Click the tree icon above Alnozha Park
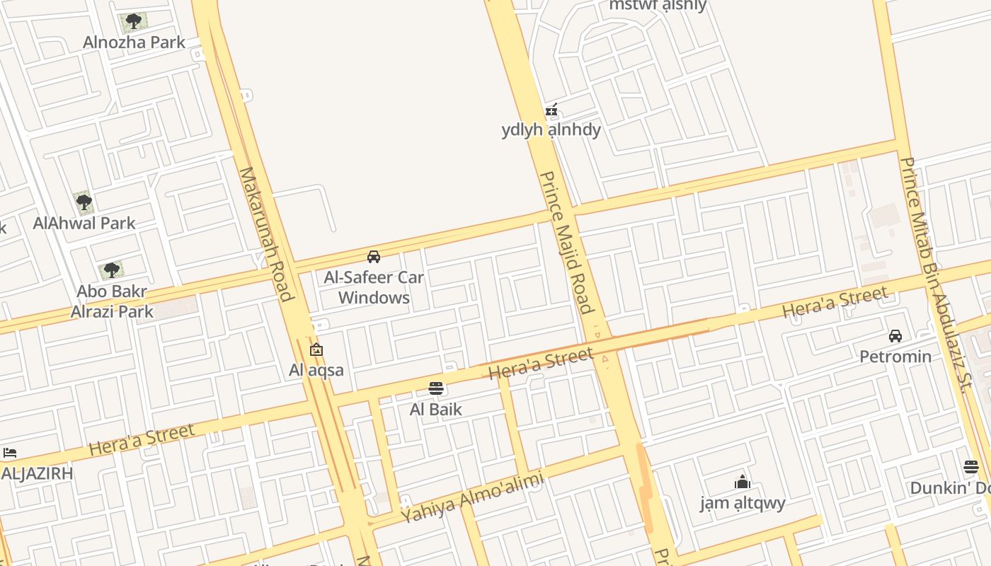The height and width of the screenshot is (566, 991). click(x=133, y=21)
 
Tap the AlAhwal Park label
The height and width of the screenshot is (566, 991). click(x=84, y=223)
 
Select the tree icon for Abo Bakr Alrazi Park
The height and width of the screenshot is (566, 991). click(x=111, y=270)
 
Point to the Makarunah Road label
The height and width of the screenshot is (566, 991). click(x=265, y=233)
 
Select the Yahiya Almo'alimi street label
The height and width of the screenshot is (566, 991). click(x=472, y=497)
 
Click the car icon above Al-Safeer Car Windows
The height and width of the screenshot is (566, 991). click(x=374, y=257)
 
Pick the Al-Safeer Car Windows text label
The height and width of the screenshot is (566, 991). click(x=374, y=287)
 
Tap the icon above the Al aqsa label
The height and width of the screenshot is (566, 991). click(x=316, y=350)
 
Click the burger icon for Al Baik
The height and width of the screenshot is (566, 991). click(x=436, y=388)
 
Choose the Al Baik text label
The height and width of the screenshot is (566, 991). click(x=436, y=409)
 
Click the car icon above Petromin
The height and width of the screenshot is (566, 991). click(x=895, y=336)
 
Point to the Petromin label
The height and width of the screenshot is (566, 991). click(x=895, y=356)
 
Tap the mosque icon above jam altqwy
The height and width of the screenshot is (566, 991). click(x=743, y=483)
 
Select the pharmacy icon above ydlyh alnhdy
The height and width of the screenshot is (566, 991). click(x=551, y=110)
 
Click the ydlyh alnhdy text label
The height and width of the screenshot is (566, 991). click(x=551, y=129)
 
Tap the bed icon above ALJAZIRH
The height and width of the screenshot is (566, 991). click(x=10, y=453)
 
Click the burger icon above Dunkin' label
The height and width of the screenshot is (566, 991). click(x=970, y=467)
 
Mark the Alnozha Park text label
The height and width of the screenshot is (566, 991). click(x=134, y=42)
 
